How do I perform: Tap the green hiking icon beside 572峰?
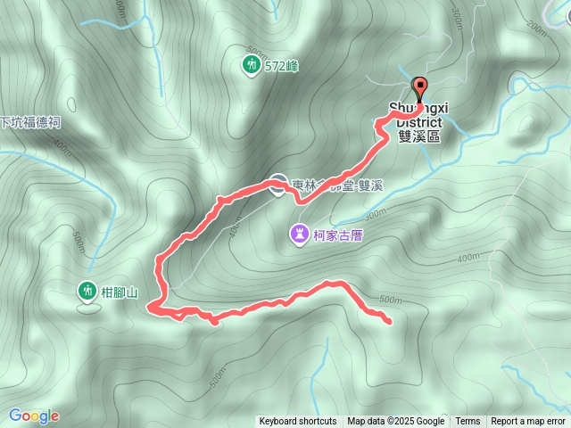point(252,65)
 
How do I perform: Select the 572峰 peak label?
point(281,66)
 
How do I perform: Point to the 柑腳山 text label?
point(119,291)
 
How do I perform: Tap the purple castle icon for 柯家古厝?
point(298,234)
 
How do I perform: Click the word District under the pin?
point(419,122)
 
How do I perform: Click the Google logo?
point(34,416)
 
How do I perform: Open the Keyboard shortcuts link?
point(297,422)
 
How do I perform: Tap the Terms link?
point(468,422)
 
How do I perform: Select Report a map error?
point(528,422)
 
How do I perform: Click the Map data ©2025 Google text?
point(396,422)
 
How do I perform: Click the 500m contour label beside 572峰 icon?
point(255,50)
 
